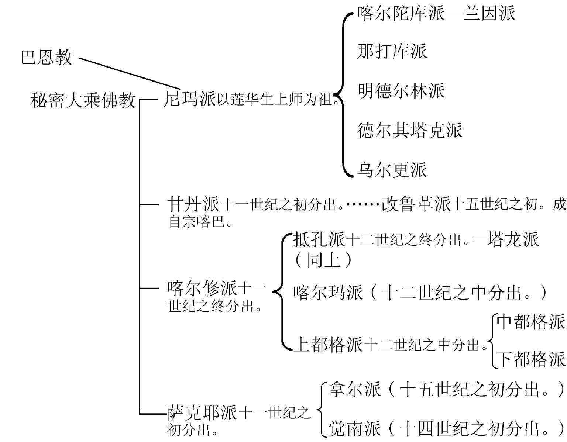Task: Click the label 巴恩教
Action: click(46, 58)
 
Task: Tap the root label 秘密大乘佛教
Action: click(83, 100)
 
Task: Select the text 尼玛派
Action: click(189, 99)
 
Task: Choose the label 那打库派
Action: click(392, 51)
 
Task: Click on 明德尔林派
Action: click(401, 91)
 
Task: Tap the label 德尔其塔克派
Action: click(410, 130)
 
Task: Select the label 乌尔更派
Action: click(392, 170)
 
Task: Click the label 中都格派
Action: click(530, 322)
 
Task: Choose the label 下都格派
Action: click(530, 359)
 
